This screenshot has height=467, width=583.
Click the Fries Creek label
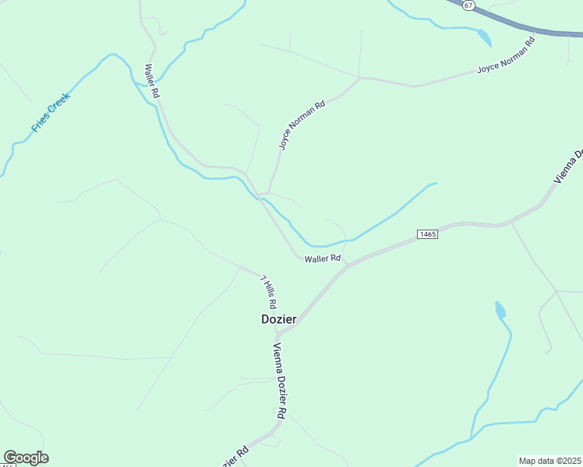pyautogui.click(x=51, y=113)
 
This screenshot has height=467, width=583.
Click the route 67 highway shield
pyautogui.click(x=467, y=5)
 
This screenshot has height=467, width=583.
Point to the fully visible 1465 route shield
pyautogui.click(x=427, y=234)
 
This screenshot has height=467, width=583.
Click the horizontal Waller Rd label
pyautogui.click(x=323, y=258)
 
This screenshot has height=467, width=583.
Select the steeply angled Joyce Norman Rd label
pyautogui.click(x=302, y=125)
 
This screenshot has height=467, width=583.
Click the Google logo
pyautogui.click(x=26, y=458)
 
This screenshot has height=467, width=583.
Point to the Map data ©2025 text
pyautogui.click(x=549, y=461)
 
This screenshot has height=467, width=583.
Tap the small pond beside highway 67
pyautogui.click(x=484, y=37)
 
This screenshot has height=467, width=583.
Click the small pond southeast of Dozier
pyautogui.click(x=500, y=311)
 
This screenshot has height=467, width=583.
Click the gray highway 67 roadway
pyautogui.click(x=530, y=30)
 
